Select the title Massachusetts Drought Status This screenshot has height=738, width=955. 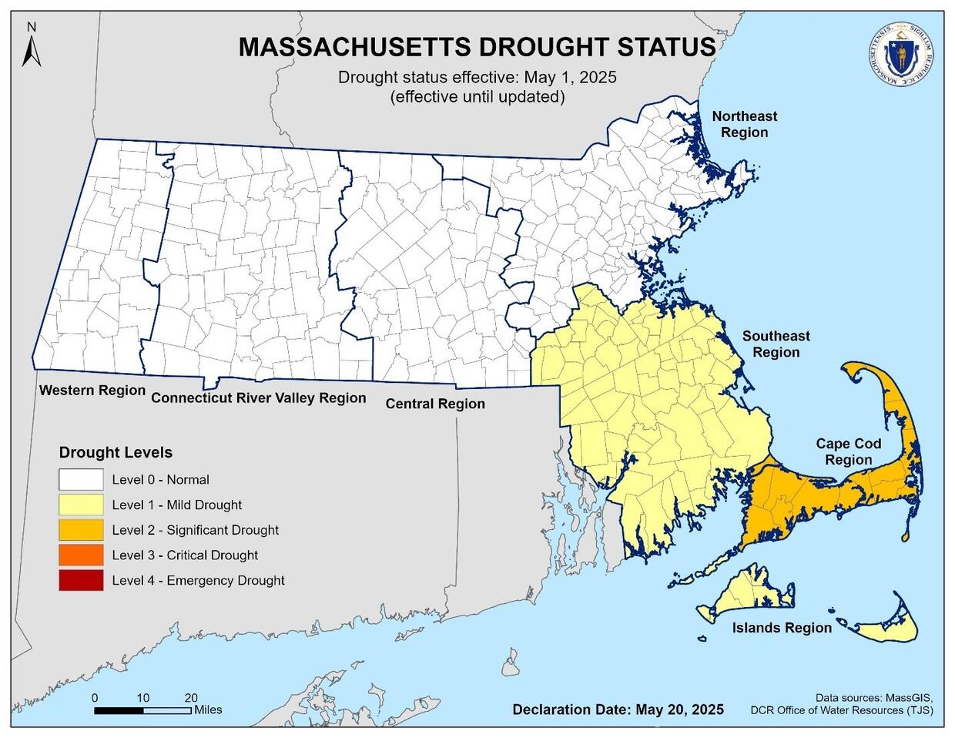click(x=477, y=47)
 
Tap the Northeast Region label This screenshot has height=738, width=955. click(x=744, y=124)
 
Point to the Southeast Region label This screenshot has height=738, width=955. click(x=776, y=344)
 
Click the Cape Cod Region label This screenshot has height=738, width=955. click(x=849, y=451)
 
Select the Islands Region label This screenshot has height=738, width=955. click(x=782, y=628)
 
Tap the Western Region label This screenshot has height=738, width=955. click(x=92, y=391)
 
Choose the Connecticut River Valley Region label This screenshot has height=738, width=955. click(x=258, y=398)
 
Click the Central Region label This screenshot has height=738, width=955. click(x=435, y=404)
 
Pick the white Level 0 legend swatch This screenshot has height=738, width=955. click(x=81, y=479)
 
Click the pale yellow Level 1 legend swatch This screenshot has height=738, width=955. click(x=81, y=505)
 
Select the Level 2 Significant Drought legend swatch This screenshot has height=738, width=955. click(x=81, y=530)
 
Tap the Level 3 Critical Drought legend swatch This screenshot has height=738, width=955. click(x=81, y=555)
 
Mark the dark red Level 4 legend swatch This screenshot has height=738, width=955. click(x=81, y=580)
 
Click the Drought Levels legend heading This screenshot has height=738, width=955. click(x=116, y=452)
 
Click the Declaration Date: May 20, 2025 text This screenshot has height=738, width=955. click(x=618, y=709)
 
